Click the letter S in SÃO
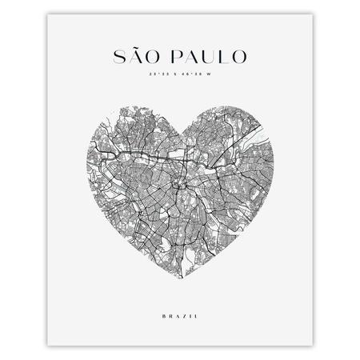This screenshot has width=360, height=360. (121, 58)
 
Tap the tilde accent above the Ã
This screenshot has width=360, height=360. (139, 46)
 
